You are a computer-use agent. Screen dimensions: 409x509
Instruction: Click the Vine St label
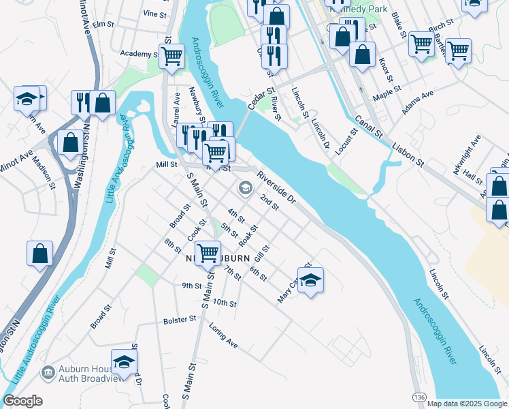coord(155,13)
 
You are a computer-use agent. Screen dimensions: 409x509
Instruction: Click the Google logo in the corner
coord(22,401)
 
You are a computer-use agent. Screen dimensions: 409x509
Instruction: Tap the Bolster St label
coord(180,320)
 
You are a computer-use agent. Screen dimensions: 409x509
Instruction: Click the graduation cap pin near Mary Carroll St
coord(310,280)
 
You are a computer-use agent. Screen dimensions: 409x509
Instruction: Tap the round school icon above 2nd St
coord(244,187)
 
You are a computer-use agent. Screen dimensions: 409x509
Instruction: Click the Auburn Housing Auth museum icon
coord(48,372)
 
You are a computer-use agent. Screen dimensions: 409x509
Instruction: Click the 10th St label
coord(224,302)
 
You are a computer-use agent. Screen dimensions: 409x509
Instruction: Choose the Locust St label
coord(352,140)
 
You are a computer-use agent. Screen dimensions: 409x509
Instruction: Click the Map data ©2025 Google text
coord(466,404)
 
